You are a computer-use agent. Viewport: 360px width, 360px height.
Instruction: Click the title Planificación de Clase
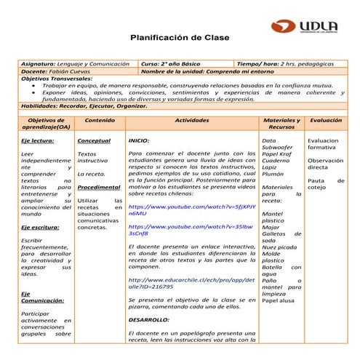pos(180,37)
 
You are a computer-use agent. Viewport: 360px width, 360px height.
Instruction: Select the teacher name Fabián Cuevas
pos(68,72)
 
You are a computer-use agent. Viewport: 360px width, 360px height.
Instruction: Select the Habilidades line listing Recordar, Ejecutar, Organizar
pos(79,106)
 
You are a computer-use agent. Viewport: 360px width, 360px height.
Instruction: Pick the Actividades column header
pos(192,119)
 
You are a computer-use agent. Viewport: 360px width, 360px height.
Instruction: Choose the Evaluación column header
pos(326,119)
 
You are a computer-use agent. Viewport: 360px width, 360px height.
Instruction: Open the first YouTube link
pos(191,210)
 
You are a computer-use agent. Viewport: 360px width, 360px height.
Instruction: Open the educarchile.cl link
pos(191,284)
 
